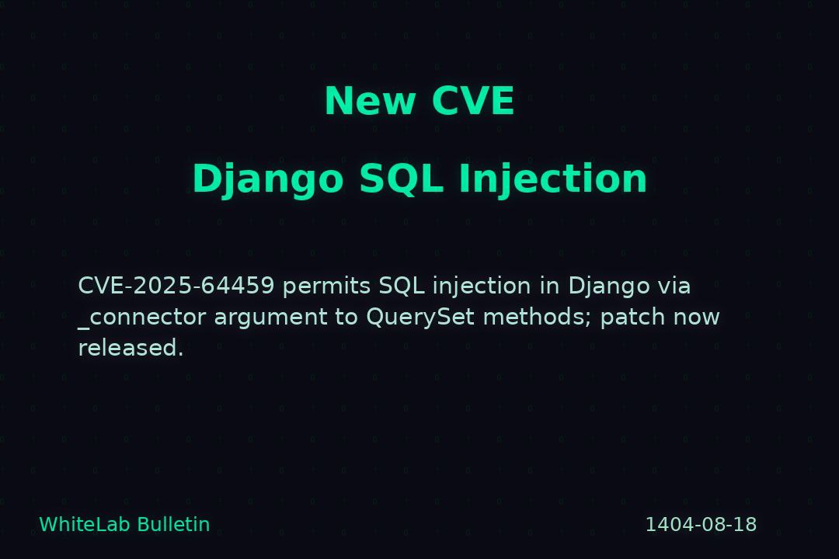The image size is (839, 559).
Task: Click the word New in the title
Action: pyautogui.click(x=371, y=101)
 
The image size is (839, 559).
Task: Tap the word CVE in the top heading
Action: pyautogui.click(x=473, y=101)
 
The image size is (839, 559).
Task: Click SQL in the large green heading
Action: pyautogui.click(x=402, y=179)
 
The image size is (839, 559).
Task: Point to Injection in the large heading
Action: pyautogui.click(x=553, y=179)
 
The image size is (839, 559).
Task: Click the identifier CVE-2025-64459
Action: pyautogui.click(x=176, y=286)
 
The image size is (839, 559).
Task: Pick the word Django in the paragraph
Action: pyautogui.click(x=609, y=286)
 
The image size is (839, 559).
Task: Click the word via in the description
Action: pyautogui.click(x=674, y=286)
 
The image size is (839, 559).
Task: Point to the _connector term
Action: pyautogui.click(x=142, y=318)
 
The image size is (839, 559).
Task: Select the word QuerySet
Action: pyautogui.click(x=420, y=318)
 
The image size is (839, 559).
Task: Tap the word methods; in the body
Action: pyautogui.click(x=538, y=318)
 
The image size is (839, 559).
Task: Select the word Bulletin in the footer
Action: pyautogui.click(x=173, y=524)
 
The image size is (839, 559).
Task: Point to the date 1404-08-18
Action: pyautogui.click(x=701, y=525)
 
